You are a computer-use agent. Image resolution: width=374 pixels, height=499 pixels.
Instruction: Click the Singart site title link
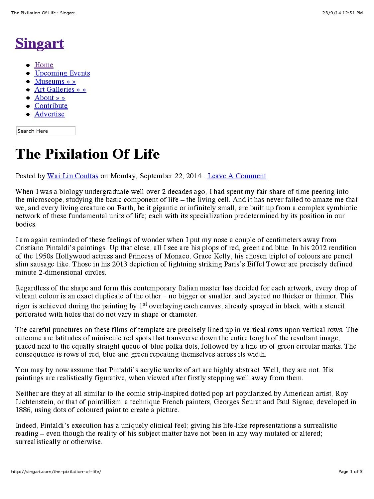click(x=40, y=43)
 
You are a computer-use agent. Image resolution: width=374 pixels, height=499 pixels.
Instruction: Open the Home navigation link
click(x=44, y=65)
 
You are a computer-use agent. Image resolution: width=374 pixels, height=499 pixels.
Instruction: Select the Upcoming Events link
click(x=62, y=73)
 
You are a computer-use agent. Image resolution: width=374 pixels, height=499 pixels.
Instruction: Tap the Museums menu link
click(x=55, y=82)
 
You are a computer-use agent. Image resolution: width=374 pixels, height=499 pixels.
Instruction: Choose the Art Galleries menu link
click(x=60, y=89)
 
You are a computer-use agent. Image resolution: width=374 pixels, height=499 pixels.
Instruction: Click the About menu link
click(x=50, y=98)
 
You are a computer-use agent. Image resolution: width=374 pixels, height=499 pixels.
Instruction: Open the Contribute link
click(x=51, y=106)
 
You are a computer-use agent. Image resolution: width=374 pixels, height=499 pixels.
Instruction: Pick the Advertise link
click(x=50, y=114)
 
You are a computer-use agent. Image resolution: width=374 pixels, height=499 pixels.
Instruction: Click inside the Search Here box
click(x=46, y=131)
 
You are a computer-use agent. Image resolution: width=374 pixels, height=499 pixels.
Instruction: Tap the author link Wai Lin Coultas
click(x=73, y=176)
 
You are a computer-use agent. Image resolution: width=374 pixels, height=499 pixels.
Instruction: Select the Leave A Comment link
click(x=237, y=176)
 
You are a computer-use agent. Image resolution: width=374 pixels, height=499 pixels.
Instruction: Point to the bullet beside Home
click(x=28, y=65)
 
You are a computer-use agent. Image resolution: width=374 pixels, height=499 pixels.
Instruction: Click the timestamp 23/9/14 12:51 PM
click(x=342, y=13)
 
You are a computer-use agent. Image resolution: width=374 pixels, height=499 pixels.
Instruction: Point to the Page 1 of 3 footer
click(x=350, y=472)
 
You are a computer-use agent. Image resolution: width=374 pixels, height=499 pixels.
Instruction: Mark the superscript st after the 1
click(x=145, y=304)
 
